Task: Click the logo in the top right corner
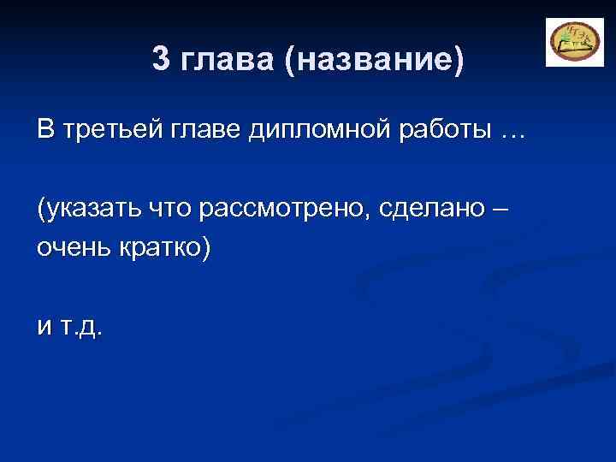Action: (x=569, y=42)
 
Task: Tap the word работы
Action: (x=447, y=132)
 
